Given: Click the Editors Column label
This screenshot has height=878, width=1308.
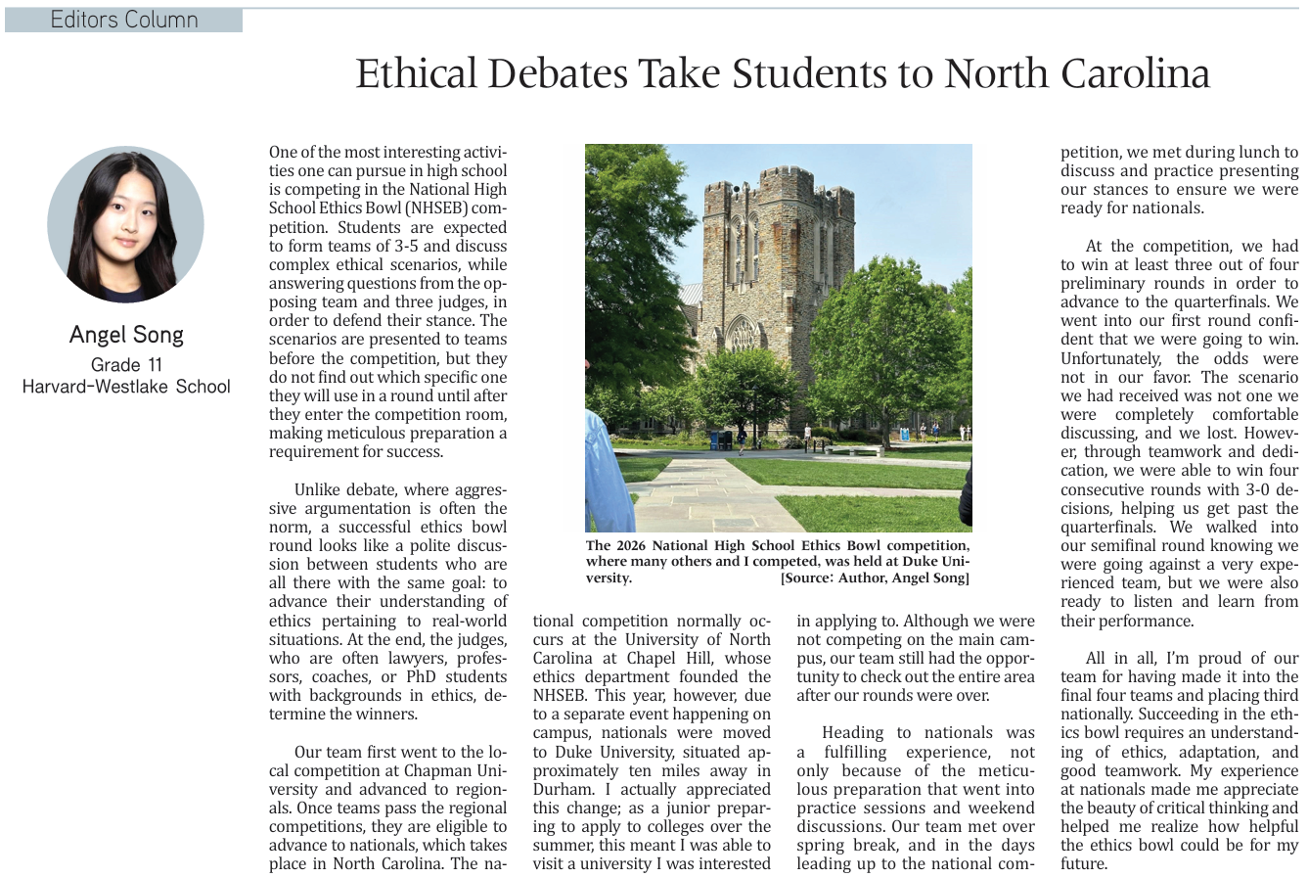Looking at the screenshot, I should tap(124, 20).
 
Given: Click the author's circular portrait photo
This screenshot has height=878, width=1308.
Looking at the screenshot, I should tap(125, 225).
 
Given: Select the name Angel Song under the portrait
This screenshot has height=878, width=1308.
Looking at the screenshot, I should tap(126, 335).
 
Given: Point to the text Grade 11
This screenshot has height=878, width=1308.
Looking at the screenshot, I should tap(126, 365).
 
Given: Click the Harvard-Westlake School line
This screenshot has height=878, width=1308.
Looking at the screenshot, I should tap(126, 387).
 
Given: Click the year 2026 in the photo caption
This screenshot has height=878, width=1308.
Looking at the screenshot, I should tap(633, 546).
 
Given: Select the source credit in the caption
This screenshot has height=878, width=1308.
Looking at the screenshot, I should tap(875, 578).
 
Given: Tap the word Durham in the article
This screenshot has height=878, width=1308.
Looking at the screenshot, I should tap(563, 789).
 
